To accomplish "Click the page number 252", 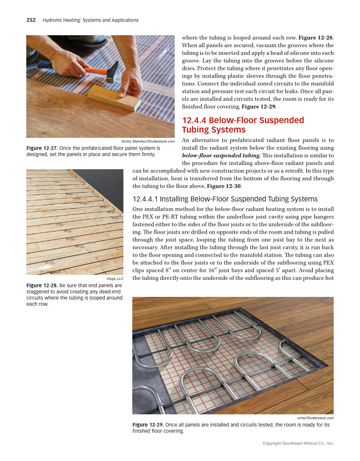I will click(x=31, y=20).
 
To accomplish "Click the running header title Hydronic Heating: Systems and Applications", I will click(x=90, y=20).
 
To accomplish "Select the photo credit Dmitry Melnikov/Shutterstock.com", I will click(x=148, y=141).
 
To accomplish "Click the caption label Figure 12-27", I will click(x=42, y=148).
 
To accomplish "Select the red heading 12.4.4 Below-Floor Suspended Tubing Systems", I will click(x=243, y=125).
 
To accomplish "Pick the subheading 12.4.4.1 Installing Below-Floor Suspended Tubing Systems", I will click(x=225, y=199).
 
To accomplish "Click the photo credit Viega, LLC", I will click(x=115, y=279).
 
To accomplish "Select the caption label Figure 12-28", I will click(x=42, y=285).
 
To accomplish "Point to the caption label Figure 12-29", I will click(x=148, y=425).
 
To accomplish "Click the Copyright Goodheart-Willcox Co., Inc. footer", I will click(x=298, y=443).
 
